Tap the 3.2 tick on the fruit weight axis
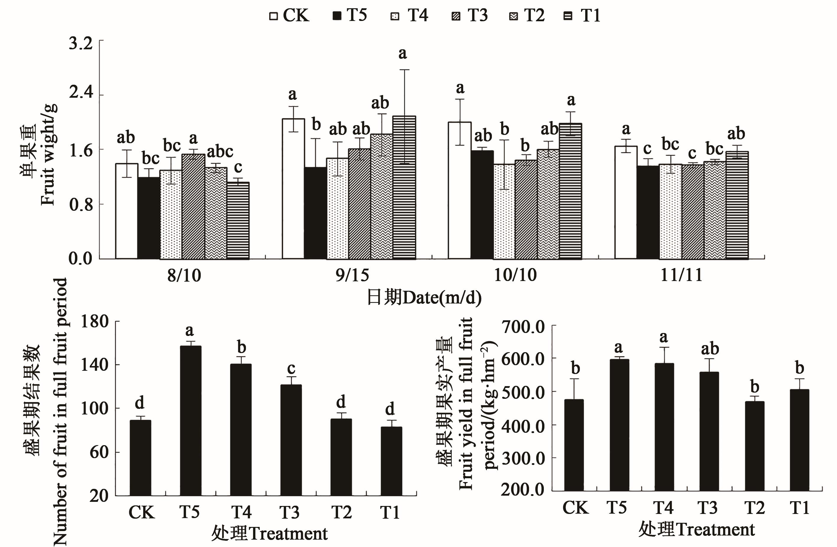tap(81, 44)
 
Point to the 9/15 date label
tap(352, 275)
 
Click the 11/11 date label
tap(681, 275)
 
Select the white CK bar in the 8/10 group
tap(127, 211)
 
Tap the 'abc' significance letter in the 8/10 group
tap(220, 152)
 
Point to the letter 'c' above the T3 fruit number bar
tap(291, 368)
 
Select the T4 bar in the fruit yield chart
tap(664, 427)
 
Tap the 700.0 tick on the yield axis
tap(523, 327)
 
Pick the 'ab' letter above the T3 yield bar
tap(710, 349)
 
